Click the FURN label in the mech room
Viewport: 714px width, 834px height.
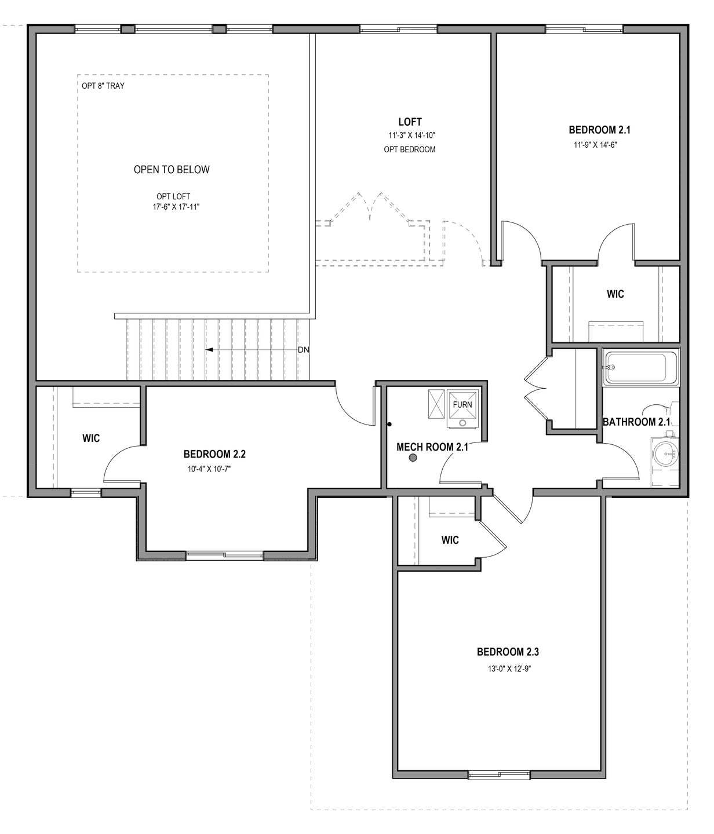462,404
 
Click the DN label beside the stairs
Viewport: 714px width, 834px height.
303,350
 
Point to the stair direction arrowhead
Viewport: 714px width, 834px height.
209,349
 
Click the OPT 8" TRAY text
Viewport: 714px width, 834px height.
103,86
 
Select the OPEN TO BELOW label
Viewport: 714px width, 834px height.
172,170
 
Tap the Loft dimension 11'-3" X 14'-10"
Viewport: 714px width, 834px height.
411,135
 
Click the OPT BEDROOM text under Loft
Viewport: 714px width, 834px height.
410,149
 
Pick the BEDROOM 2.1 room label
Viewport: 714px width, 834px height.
599,130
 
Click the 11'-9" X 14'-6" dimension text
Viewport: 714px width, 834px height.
595,144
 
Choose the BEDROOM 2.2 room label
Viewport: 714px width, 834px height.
214,454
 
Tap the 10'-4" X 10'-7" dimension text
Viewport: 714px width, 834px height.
209,469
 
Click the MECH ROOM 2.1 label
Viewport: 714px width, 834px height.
432,447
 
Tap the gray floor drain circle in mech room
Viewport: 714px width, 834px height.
413,458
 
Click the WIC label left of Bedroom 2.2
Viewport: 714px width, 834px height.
91,438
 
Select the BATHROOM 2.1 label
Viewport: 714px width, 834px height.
636,422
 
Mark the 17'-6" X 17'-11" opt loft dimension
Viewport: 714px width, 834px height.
176,207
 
